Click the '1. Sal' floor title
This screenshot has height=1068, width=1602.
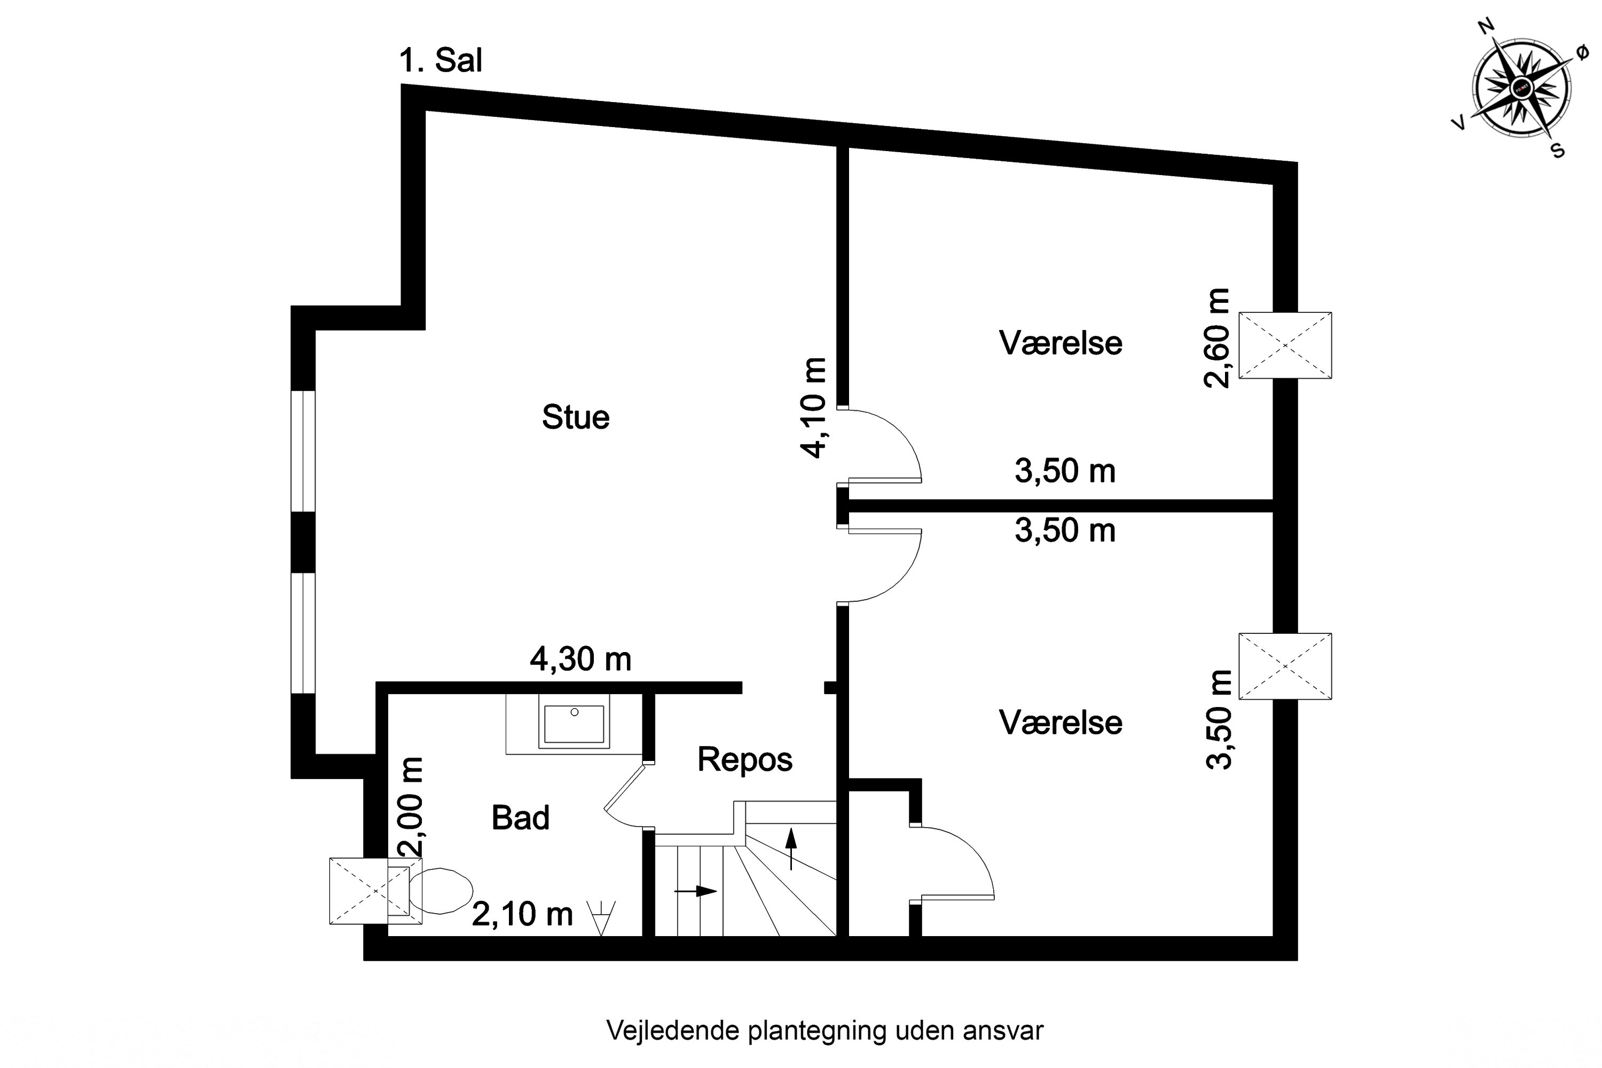tap(441, 61)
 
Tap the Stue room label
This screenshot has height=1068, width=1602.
tap(576, 418)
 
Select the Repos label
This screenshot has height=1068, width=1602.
tap(744, 759)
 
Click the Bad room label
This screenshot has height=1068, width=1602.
tap(520, 818)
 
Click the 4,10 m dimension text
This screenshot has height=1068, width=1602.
tap(814, 408)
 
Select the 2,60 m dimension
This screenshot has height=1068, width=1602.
tap(1217, 338)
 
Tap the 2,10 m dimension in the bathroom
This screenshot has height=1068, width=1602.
tap(522, 914)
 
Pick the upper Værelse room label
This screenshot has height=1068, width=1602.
tap(1061, 343)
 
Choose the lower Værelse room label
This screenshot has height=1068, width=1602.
tap(1061, 723)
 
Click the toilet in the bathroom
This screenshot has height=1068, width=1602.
tap(441, 891)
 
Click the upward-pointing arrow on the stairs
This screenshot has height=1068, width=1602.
tap(791, 847)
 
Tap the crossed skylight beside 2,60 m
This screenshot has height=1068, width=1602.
tap(1285, 345)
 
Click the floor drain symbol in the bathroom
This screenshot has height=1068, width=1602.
tap(601, 917)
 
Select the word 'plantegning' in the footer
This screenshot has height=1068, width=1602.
tap(818, 1031)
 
